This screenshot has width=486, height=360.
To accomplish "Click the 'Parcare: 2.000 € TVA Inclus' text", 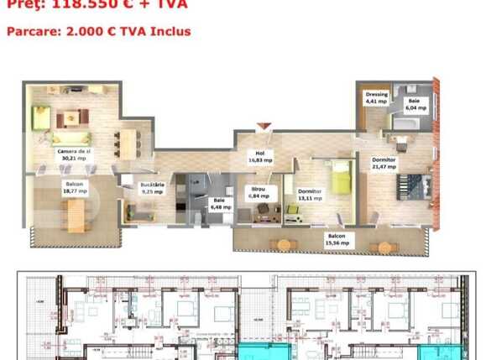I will [98, 31].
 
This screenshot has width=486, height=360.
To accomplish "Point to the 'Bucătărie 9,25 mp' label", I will [152, 187].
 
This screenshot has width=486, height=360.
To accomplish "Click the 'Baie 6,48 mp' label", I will [218, 203].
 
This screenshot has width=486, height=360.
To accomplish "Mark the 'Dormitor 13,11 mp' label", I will [310, 195].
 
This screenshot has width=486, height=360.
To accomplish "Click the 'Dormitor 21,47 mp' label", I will [384, 163].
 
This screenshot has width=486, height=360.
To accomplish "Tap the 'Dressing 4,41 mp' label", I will [377, 98].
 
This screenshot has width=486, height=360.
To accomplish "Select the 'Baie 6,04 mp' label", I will [416, 104].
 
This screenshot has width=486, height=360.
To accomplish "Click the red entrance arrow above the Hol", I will [264, 128].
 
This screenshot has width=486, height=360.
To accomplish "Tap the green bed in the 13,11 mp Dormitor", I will [340, 176].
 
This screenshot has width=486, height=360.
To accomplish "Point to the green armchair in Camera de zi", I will [42, 113].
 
